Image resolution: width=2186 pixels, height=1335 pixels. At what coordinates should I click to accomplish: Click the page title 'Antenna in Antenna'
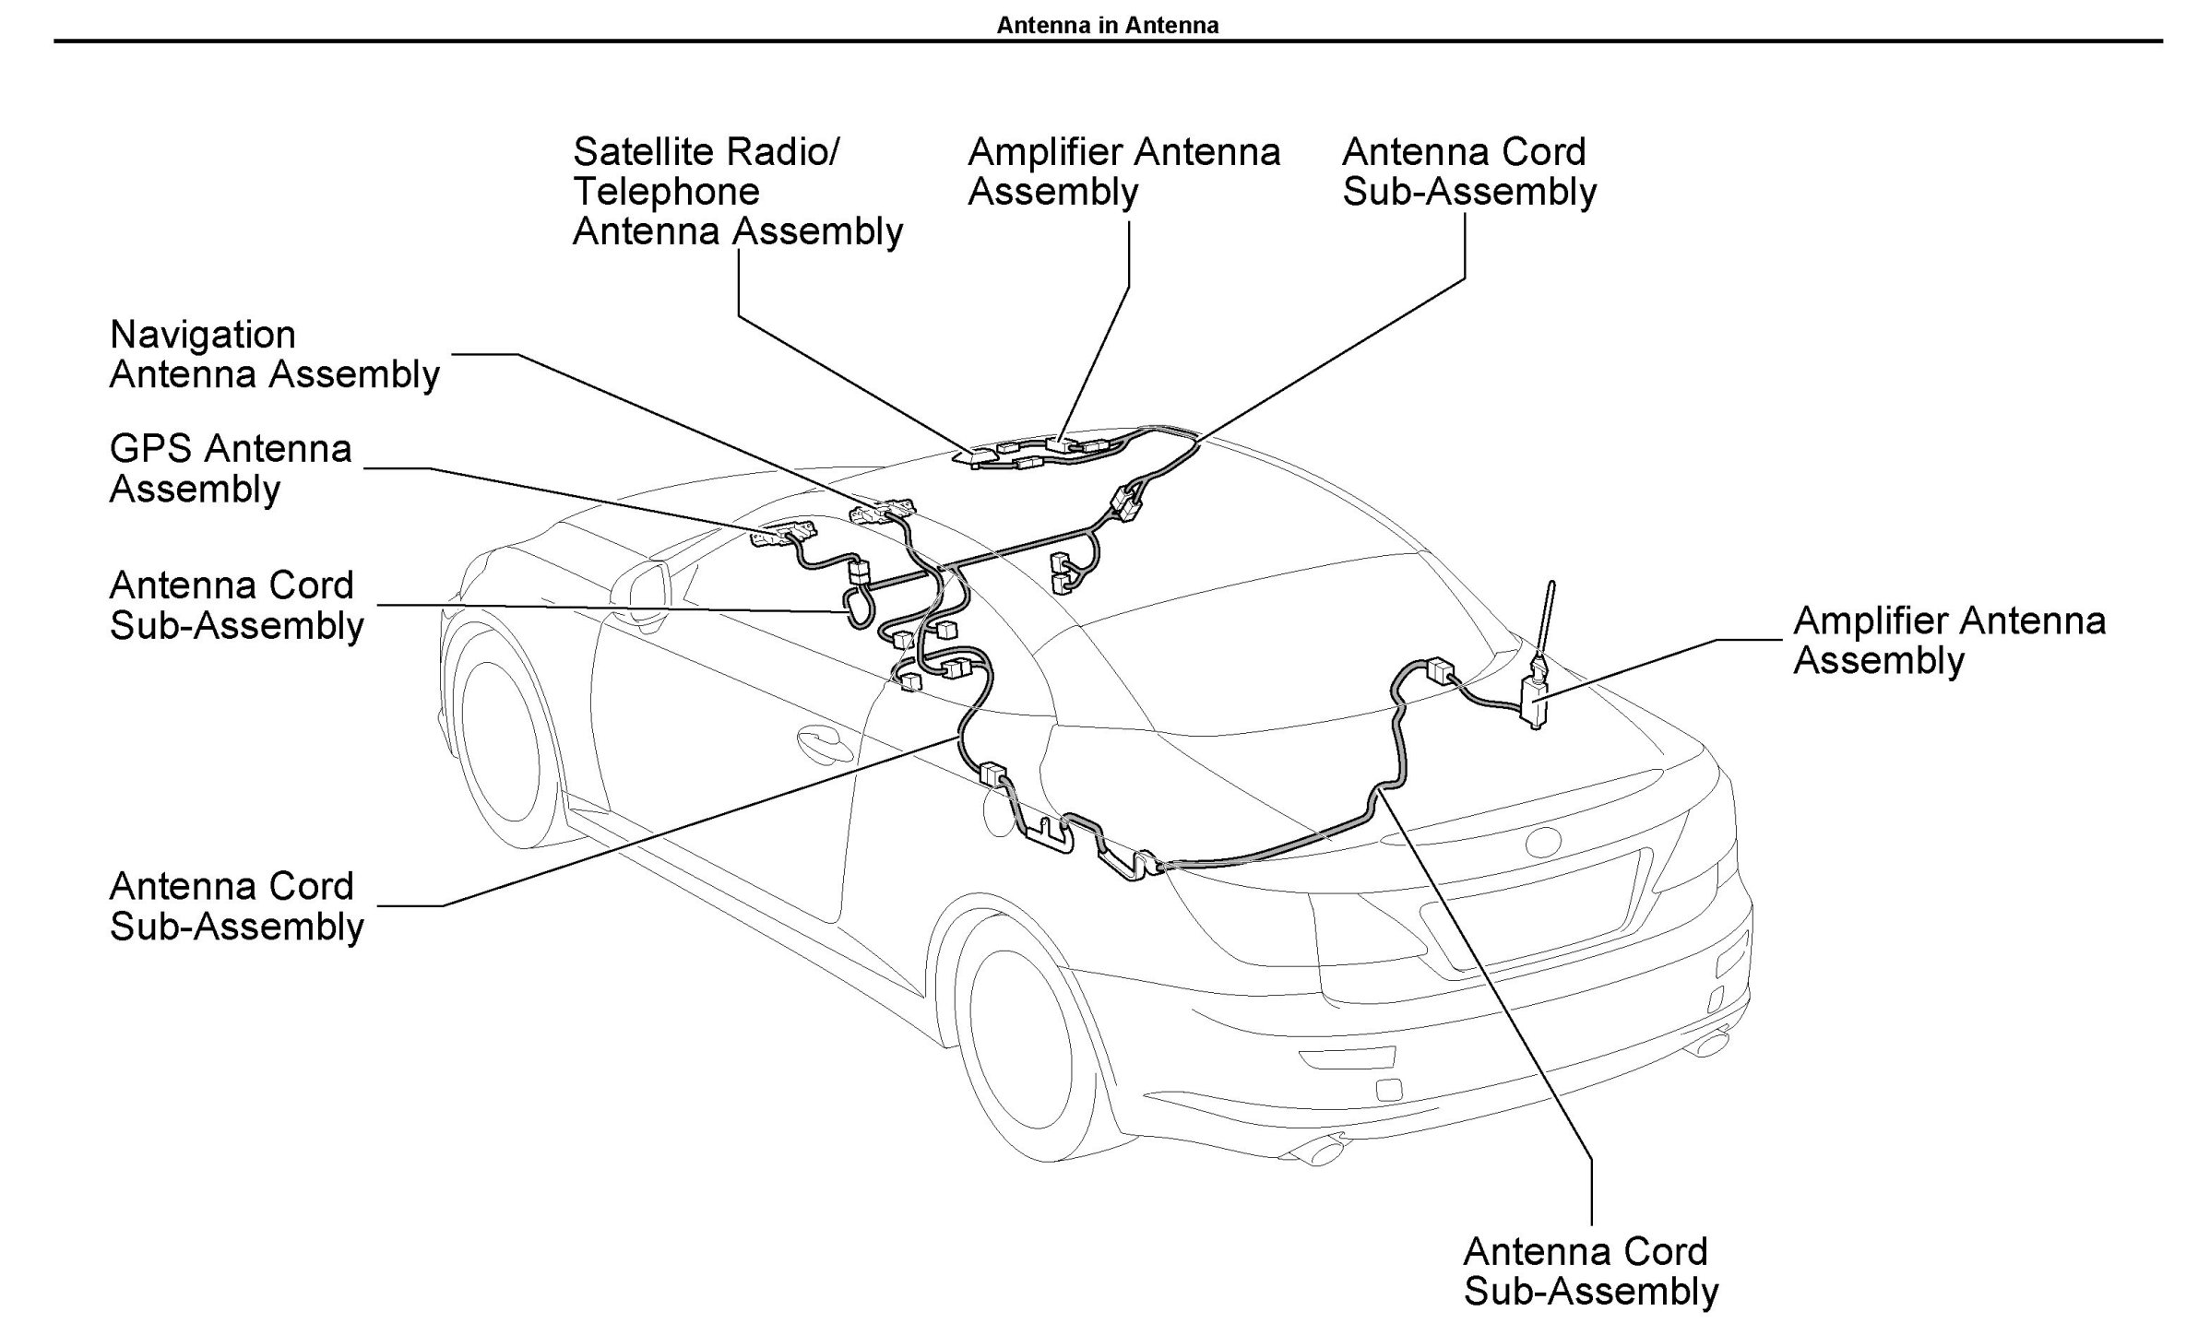pyautogui.click(x=1107, y=25)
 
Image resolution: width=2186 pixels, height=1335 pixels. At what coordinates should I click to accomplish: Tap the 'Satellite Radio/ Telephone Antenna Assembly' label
pyautogui.click(x=737, y=192)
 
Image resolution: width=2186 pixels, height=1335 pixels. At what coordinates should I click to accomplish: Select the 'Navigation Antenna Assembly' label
pyautogui.click(x=275, y=355)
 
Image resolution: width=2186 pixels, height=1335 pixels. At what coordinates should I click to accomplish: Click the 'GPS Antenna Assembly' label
pyautogui.click(x=231, y=469)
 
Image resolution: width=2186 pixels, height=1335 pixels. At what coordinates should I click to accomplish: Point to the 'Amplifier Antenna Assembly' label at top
pyautogui.click(x=1123, y=172)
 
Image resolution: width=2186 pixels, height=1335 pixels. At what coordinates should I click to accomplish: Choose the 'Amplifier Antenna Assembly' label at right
pyautogui.click(x=1949, y=641)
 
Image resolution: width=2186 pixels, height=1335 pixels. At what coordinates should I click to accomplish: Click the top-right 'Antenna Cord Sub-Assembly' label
pyautogui.click(x=1469, y=172)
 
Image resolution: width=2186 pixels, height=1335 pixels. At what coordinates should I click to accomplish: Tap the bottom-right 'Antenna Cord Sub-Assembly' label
pyautogui.click(x=1591, y=1271)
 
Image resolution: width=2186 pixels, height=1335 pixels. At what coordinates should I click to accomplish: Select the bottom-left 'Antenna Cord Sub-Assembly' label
pyautogui.click(x=237, y=906)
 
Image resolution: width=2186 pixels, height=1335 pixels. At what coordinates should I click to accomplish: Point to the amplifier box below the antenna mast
pyautogui.click(x=1535, y=701)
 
